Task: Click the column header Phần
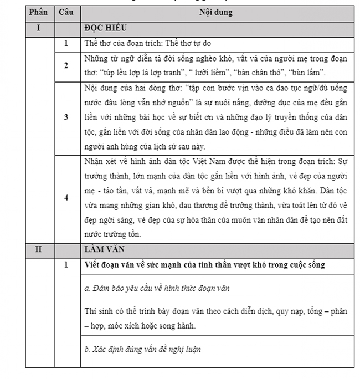[x=38, y=12]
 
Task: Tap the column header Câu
[x=66, y=12]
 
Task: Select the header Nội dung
[x=217, y=12]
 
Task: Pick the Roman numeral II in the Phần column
[x=38, y=249]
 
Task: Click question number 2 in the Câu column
[x=66, y=65]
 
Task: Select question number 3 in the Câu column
[x=66, y=117]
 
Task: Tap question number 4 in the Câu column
[x=66, y=198]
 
